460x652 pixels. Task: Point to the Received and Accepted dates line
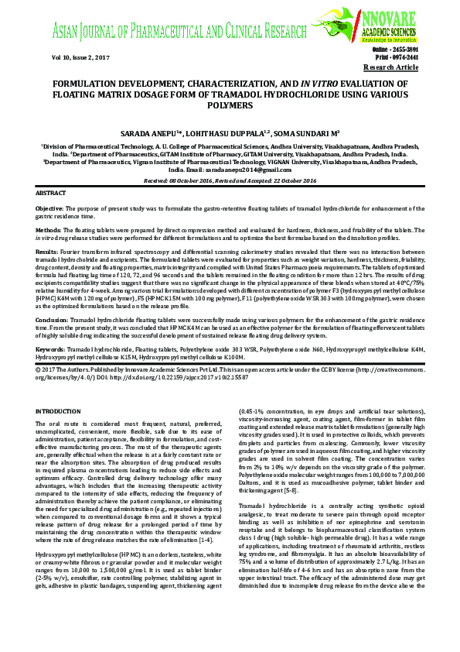tap(230, 180)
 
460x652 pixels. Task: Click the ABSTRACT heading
tap(52, 191)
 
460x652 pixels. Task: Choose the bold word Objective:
tap(51, 209)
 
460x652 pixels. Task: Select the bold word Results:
tap(47, 252)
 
